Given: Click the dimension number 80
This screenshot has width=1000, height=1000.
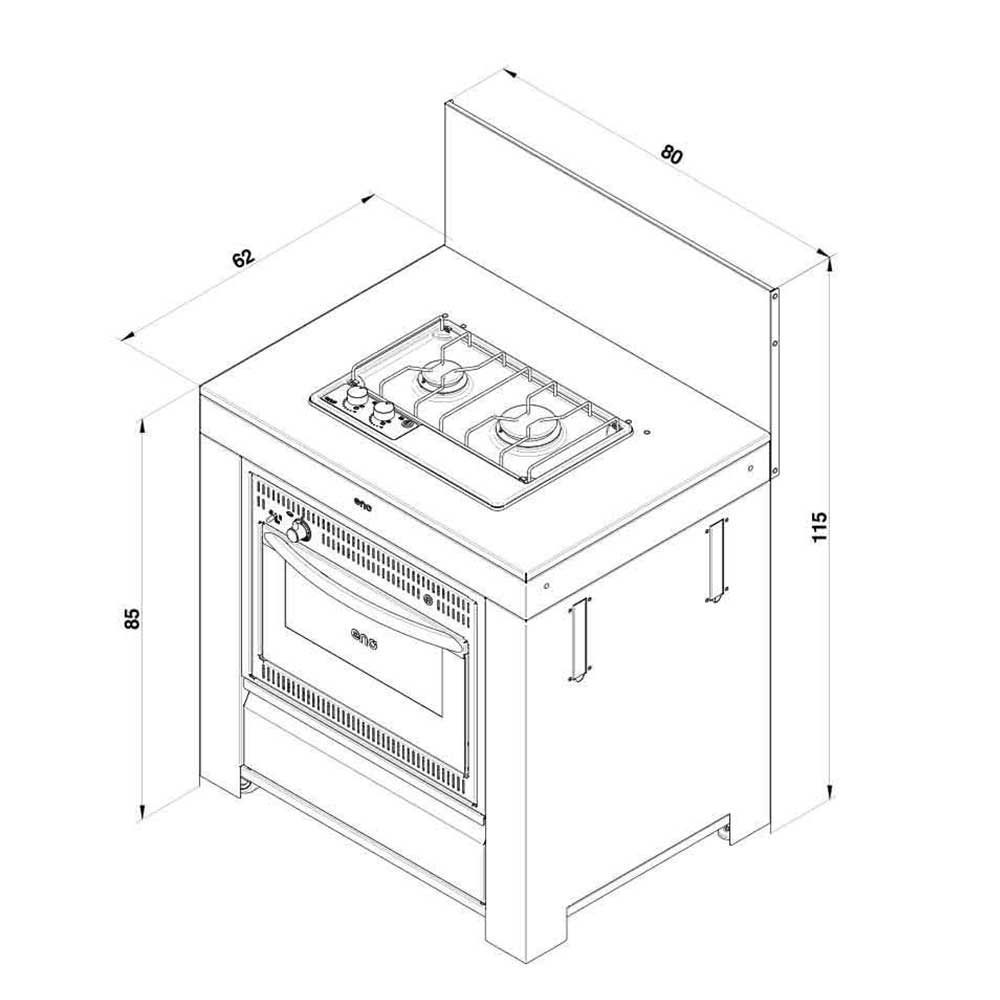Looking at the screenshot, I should [x=672, y=155].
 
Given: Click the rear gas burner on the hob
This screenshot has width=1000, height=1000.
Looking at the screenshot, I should [x=441, y=376].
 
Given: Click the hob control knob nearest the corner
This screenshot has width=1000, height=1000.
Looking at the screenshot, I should [x=355, y=399].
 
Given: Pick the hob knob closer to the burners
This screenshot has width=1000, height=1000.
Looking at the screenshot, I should [x=383, y=412].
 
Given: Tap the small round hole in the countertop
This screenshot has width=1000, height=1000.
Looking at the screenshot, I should [x=647, y=433].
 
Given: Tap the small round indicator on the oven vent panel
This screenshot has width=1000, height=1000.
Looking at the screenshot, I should [x=428, y=600].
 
